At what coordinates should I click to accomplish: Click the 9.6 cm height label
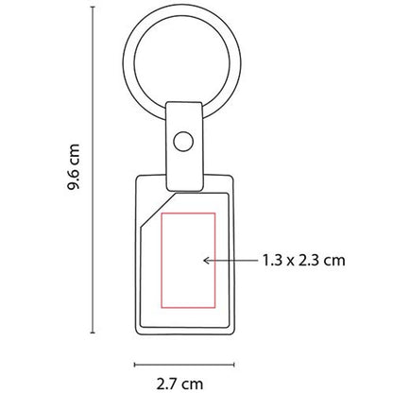click(74, 166)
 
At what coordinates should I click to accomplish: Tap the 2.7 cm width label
click(179, 384)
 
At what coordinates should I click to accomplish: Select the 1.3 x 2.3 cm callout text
click(304, 261)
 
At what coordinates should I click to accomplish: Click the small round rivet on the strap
click(183, 142)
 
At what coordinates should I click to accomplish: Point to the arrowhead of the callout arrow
click(206, 261)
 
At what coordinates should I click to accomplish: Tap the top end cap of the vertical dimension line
click(93, 7)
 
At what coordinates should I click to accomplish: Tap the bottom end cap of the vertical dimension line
click(93, 333)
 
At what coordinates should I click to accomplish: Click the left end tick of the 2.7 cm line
click(135, 365)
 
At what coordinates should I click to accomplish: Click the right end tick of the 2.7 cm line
click(234, 365)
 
